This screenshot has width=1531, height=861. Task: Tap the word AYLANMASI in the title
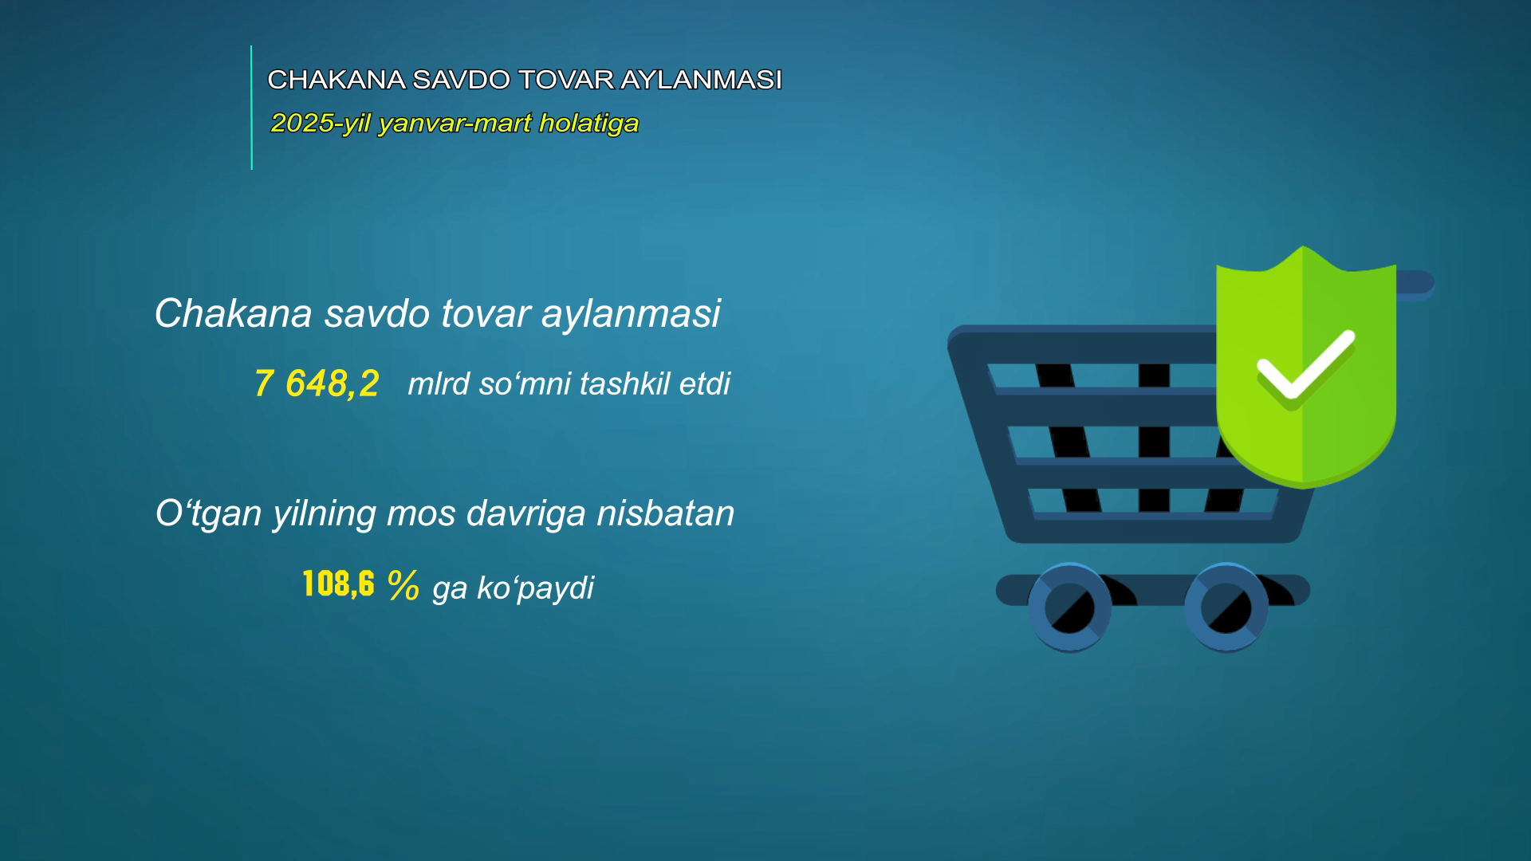[701, 80]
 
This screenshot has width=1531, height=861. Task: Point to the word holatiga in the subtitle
[588, 124]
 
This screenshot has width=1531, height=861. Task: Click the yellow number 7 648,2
[317, 383]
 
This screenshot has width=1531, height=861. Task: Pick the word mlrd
[439, 383]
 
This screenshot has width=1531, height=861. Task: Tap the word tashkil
[624, 383]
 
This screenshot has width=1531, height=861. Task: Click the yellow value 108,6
[339, 584]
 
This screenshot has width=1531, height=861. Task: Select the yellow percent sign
[403, 586]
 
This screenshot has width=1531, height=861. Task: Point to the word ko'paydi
[535, 588]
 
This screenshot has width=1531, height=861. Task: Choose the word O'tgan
[209, 514]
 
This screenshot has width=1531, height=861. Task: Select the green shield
[1306, 367]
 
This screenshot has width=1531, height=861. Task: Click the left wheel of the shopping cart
[1070, 607]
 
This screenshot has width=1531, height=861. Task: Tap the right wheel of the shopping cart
[1226, 607]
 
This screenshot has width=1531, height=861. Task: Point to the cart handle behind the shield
[1416, 284]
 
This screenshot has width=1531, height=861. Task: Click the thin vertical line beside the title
[251, 108]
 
